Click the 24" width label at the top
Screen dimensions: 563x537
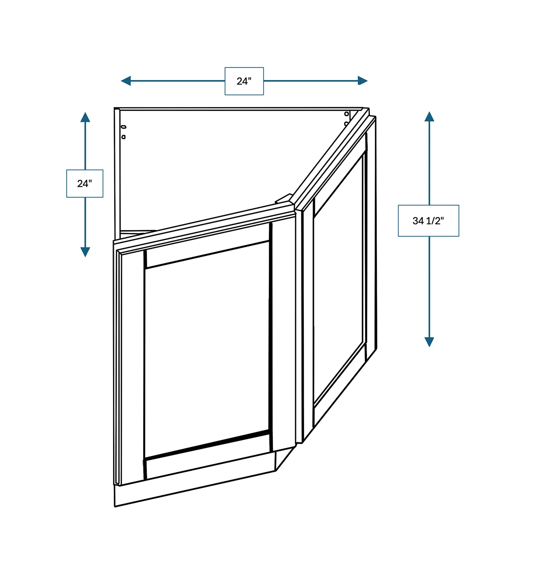point(244,81)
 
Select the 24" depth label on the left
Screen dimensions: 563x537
point(85,184)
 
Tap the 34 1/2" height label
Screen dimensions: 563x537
point(428,221)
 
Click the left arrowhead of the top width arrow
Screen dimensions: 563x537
point(126,81)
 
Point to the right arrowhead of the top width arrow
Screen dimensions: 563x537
point(362,81)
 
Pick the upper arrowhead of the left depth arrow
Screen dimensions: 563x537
point(85,117)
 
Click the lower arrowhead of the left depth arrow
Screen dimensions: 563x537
point(85,252)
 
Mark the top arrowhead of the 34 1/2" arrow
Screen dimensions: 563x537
point(429,116)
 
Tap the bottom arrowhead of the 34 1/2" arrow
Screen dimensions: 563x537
point(429,342)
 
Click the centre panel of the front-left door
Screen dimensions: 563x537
point(207,349)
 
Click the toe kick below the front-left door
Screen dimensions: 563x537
point(195,484)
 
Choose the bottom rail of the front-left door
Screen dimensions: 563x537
point(207,454)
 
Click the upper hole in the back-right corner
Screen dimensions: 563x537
point(347,114)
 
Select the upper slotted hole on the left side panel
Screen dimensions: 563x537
point(124,127)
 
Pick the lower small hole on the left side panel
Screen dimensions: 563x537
point(124,137)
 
